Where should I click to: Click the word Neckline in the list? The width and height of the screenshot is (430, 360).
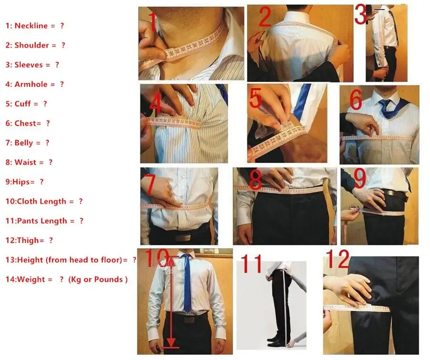pos(31,26)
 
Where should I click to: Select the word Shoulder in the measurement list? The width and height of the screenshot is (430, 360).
pos(31,45)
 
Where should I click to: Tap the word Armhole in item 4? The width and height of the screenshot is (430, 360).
pos(31,84)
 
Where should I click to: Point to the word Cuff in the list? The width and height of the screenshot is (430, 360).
pos(23,103)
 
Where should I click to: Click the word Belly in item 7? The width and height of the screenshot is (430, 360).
pos(24,143)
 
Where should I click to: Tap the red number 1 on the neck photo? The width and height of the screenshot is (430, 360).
pos(152,22)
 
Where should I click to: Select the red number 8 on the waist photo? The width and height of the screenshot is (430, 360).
pos(255,179)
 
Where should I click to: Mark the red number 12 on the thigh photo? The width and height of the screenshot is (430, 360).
pos(338,259)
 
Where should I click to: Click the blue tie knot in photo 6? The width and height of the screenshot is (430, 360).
pos(384,103)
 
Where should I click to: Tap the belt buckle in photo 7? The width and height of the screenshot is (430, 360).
pos(183,238)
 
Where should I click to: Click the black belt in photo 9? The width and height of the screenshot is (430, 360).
pos(395,194)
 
